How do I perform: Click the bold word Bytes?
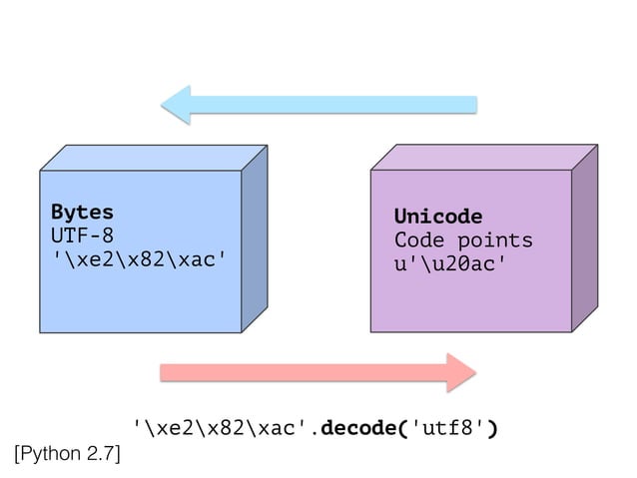82,213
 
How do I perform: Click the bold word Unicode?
437,217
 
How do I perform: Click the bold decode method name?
363,429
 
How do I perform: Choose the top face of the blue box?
155,158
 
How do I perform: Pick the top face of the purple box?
485,158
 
